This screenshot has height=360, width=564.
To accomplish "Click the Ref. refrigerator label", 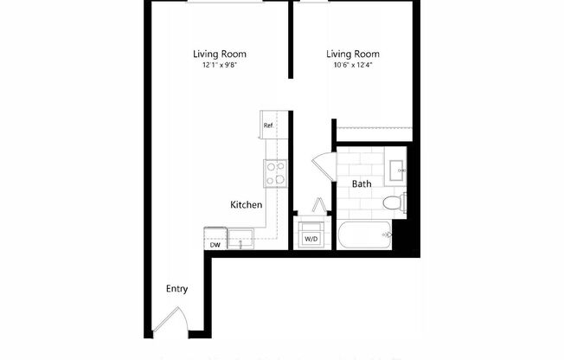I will tap(269, 126).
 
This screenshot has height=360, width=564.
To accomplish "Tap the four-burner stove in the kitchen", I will tap(276, 174).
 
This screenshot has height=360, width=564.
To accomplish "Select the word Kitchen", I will tap(246, 205).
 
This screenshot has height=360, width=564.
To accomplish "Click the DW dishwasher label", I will tap(214, 245).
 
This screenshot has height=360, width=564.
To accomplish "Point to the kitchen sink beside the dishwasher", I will tap(240, 235).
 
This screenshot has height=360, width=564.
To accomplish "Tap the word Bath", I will tap(362, 183).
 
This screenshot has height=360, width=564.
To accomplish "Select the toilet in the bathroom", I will tap(394, 203).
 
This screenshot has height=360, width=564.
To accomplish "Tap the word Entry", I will tap(177, 289).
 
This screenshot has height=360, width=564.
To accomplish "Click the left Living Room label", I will tap(219, 54).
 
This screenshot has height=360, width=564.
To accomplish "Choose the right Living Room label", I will tap(353, 54).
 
